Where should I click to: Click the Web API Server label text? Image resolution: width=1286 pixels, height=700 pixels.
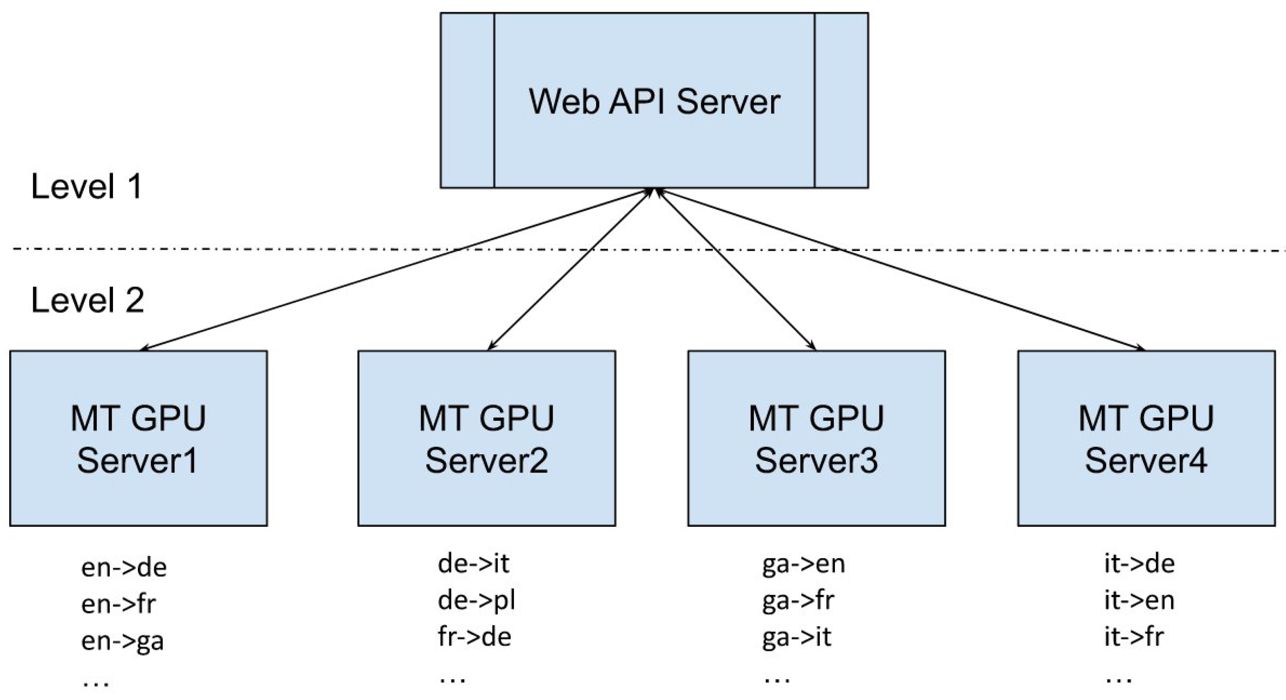tap(654, 102)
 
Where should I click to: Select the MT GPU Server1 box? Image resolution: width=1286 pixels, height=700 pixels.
tap(138, 439)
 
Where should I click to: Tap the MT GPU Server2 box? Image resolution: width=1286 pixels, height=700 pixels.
tap(486, 439)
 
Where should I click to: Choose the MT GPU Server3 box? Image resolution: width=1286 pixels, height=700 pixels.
tap(816, 439)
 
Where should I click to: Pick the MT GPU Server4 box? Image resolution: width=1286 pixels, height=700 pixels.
tap(1146, 439)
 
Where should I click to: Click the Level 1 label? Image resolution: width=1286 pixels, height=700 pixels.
tap(86, 187)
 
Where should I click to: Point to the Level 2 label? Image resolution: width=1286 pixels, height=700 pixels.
tap(87, 301)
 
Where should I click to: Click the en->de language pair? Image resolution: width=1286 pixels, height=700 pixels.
tap(123, 568)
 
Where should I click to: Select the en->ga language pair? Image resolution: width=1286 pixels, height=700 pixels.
tap(122, 641)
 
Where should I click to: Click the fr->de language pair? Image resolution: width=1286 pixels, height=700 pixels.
tap(474, 637)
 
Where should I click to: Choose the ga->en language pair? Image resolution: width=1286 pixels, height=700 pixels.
tap(803, 564)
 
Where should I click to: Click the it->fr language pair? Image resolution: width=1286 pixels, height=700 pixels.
tap(1134, 637)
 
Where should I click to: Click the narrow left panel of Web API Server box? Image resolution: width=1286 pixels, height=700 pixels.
tap(467, 100)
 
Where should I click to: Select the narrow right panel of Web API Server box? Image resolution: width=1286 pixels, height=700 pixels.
tap(841, 100)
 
